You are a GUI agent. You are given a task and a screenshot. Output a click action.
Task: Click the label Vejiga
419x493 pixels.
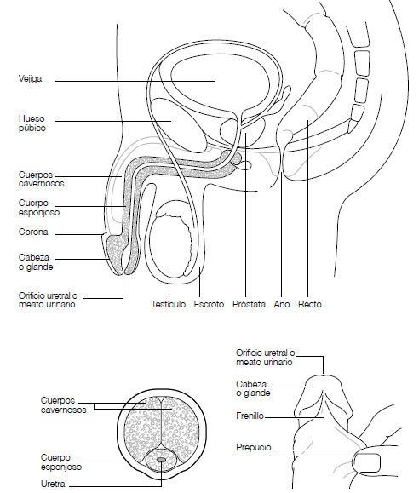[30, 78]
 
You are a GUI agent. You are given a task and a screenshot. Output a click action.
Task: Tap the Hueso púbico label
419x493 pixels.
[32, 123]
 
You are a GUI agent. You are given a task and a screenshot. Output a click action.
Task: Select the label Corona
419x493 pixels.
[33, 232]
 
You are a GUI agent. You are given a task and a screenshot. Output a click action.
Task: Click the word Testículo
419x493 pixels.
[169, 304]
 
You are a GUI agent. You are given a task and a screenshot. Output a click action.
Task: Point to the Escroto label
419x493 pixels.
[209, 304]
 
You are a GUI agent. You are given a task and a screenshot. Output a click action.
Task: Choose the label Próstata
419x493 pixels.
[249, 304]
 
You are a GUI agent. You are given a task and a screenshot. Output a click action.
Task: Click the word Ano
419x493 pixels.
[282, 304]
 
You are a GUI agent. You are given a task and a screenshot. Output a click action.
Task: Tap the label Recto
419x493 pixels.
[310, 304]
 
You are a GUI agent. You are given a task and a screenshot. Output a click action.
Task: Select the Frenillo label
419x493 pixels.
[250, 416]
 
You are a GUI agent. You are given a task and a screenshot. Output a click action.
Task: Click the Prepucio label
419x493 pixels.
[254, 447]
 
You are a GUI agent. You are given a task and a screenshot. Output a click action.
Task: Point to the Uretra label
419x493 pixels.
[53, 484]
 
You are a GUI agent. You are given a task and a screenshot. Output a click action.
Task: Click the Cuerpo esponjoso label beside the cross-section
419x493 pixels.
[61, 462]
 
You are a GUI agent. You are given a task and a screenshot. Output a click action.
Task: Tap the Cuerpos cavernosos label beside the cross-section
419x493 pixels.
[63, 405]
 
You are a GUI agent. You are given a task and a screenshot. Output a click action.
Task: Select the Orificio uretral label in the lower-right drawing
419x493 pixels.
[266, 357]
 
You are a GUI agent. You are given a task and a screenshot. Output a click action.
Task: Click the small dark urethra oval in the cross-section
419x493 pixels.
[161, 460]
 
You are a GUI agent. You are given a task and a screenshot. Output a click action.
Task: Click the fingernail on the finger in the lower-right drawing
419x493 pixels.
[366, 462]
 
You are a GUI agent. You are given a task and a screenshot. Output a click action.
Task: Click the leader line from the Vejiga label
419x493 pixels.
[135, 81]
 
